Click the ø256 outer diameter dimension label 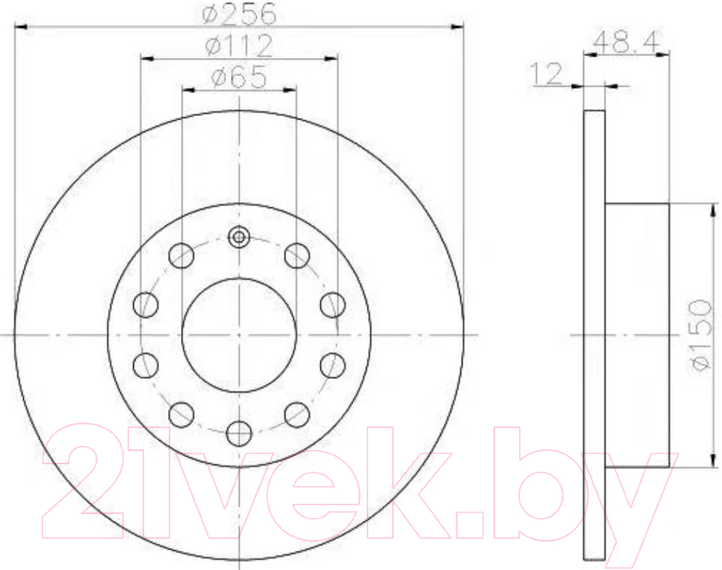point(240,14)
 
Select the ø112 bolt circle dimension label point(240,46)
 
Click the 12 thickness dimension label point(547,74)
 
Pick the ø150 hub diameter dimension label point(703,334)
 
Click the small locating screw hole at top point(239,237)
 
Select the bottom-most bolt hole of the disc point(240,433)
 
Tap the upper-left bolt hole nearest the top point(182,255)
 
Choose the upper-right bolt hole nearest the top point(297,255)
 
